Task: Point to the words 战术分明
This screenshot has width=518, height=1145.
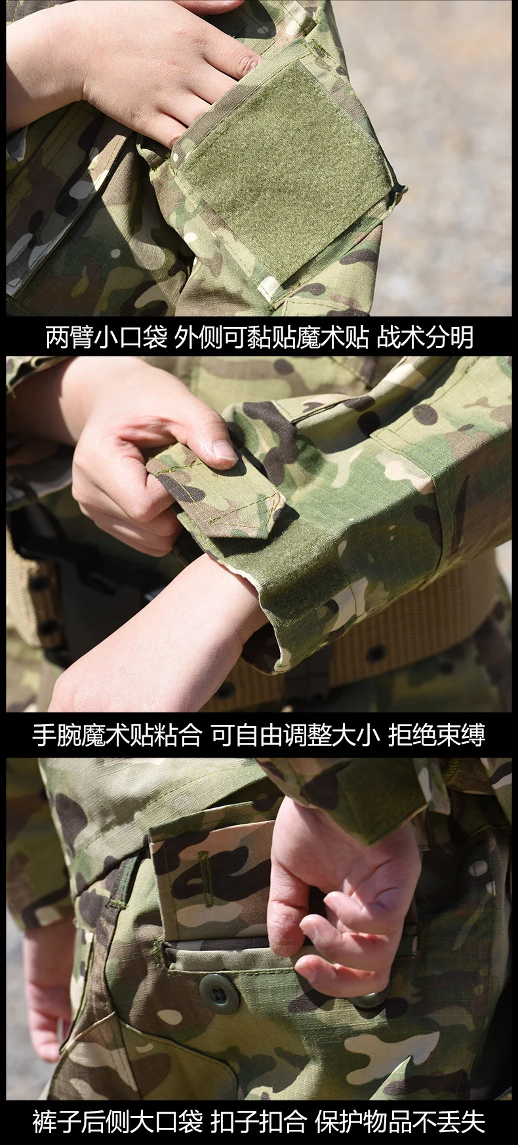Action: coord(425,338)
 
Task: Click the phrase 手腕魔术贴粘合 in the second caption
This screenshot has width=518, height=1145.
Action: coord(117,735)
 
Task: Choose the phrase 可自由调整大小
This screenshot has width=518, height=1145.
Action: coord(295,735)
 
